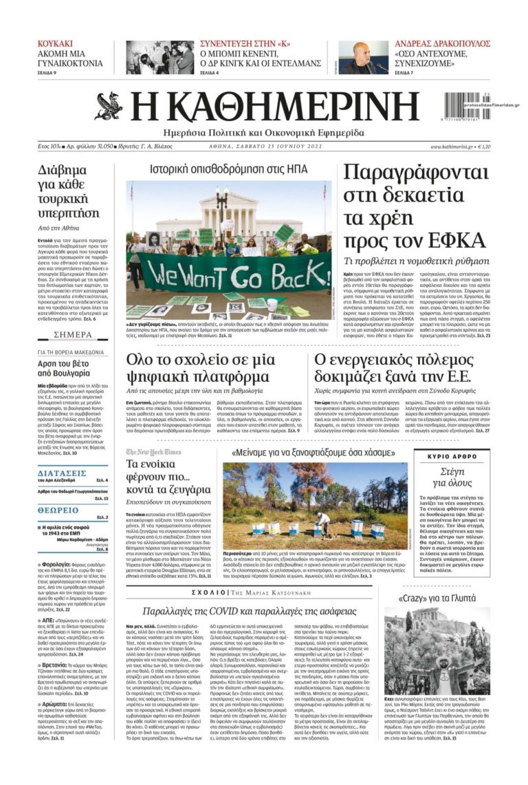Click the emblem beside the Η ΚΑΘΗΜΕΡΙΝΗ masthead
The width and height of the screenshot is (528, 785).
[109, 105]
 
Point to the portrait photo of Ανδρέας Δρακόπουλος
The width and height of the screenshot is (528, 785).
[364, 58]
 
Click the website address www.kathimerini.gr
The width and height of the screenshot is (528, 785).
[452, 147]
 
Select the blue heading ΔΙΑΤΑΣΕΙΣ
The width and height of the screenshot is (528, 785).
[62, 473]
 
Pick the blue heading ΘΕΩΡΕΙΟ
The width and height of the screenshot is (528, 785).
[58, 510]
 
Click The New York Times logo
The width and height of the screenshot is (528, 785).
[154, 452]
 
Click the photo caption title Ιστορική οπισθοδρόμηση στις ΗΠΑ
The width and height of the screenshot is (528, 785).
[228, 169]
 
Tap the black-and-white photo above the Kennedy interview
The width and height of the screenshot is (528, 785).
[159, 58]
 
